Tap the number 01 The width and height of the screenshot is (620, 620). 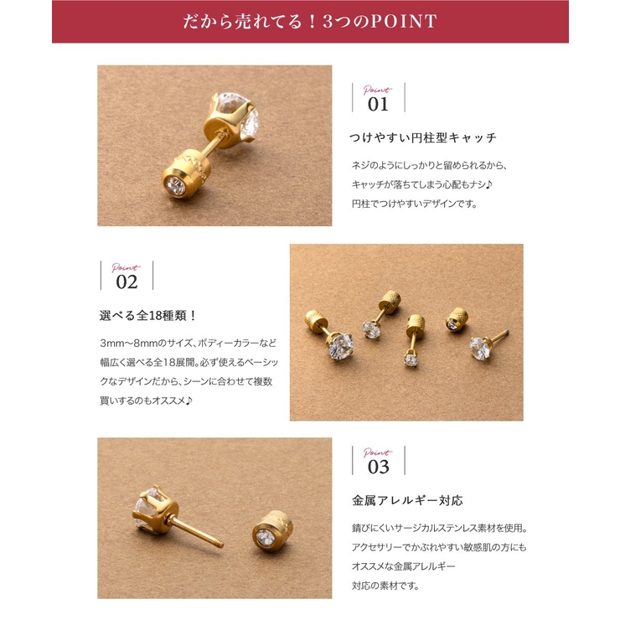[379, 105]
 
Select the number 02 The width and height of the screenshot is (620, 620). [127, 282]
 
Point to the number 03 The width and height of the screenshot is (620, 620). [379, 467]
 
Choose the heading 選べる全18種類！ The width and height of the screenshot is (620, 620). [148, 316]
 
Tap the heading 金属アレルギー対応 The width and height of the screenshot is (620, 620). [406, 501]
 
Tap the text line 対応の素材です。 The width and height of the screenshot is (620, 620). [385, 585]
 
